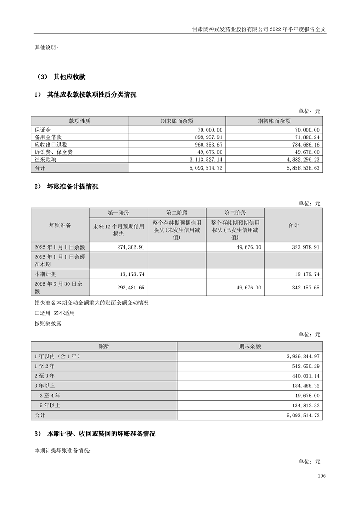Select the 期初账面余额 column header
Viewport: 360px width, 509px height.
pyautogui.click(x=274, y=121)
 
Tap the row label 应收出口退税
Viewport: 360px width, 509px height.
pyautogui.click(x=48, y=144)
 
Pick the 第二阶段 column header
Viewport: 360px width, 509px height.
pyautogui.click(x=177, y=213)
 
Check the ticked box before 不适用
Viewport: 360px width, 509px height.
pyautogui.click(x=56, y=313)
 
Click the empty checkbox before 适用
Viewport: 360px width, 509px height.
pyautogui.click(x=37, y=313)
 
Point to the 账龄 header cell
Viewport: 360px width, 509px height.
pyautogui.click(x=104, y=346)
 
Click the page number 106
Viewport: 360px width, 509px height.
pyautogui.click(x=322, y=476)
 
